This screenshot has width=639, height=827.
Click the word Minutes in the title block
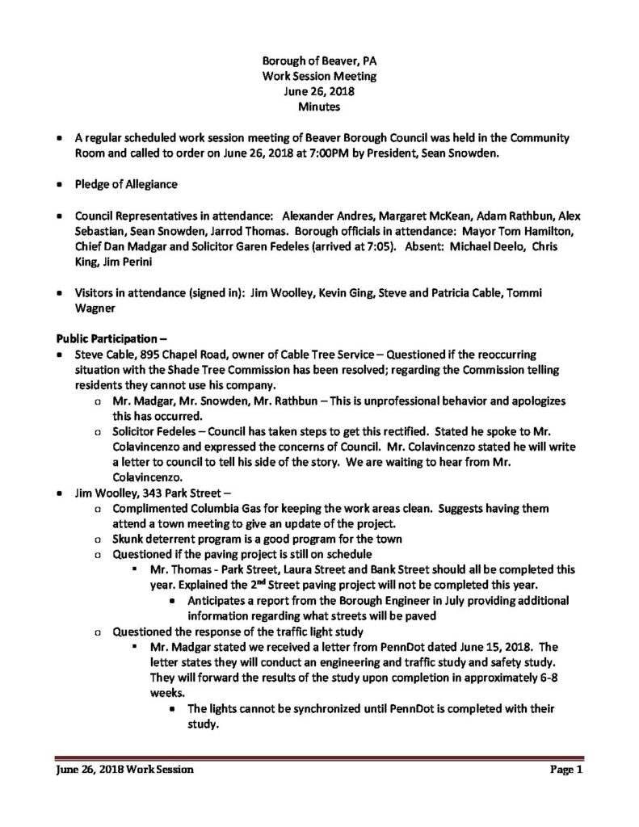click(x=318, y=106)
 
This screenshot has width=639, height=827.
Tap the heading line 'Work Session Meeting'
click(x=318, y=76)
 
